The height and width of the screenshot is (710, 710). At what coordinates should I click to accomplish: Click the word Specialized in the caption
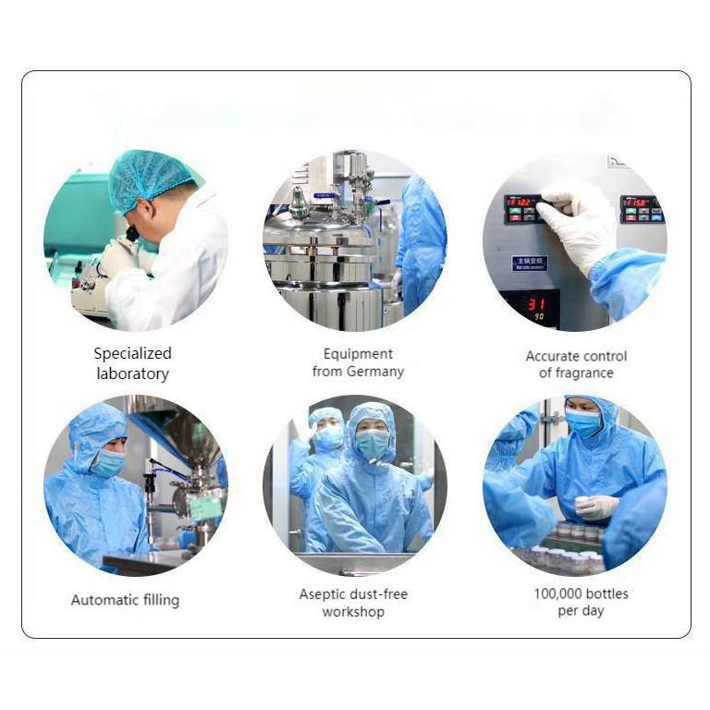(133, 354)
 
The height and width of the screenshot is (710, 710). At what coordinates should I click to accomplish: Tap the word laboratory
(133, 374)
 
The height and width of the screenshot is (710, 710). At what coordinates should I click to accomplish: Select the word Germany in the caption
(375, 372)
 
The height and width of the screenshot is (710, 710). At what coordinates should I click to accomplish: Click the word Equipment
(358, 354)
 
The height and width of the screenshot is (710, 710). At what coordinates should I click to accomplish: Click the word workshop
(354, 612)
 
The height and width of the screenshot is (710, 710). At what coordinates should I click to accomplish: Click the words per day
(581, 611)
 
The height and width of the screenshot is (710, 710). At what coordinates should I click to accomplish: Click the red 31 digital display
(537, 304)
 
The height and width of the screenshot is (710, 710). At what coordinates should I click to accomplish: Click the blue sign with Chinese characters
(530, 263)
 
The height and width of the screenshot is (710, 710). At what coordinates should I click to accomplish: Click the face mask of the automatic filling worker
(109, 463)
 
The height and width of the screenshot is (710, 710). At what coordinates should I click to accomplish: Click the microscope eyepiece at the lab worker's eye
(132, 233)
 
